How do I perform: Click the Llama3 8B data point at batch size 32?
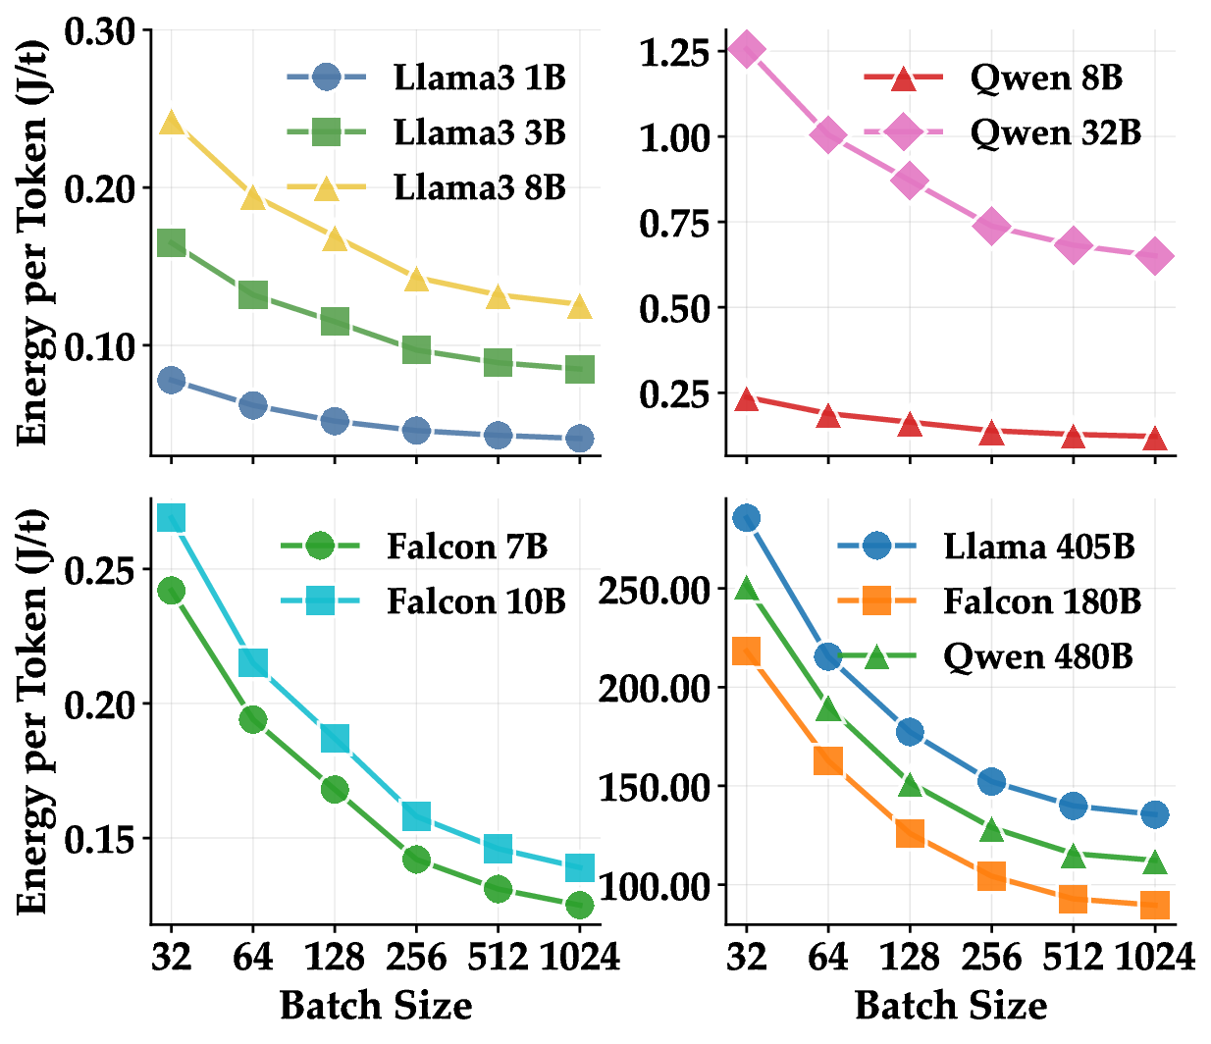[x=172, y=123]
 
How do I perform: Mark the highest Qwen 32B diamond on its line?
[x=747, y=50]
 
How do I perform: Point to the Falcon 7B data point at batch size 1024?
[x=579, y=904]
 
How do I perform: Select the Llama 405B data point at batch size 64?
[x=828, y=656]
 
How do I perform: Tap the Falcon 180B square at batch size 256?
[x=991, y=876]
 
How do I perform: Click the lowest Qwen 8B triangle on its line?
[x=1155, y=438]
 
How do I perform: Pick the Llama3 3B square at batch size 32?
[x=172, y=243]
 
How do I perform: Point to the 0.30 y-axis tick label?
[x=99, y=31]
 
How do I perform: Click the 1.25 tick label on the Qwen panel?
[x=674, y=51]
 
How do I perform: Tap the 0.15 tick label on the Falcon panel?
[x=99, y=840]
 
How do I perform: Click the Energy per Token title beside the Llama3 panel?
[x=33, y=242]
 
